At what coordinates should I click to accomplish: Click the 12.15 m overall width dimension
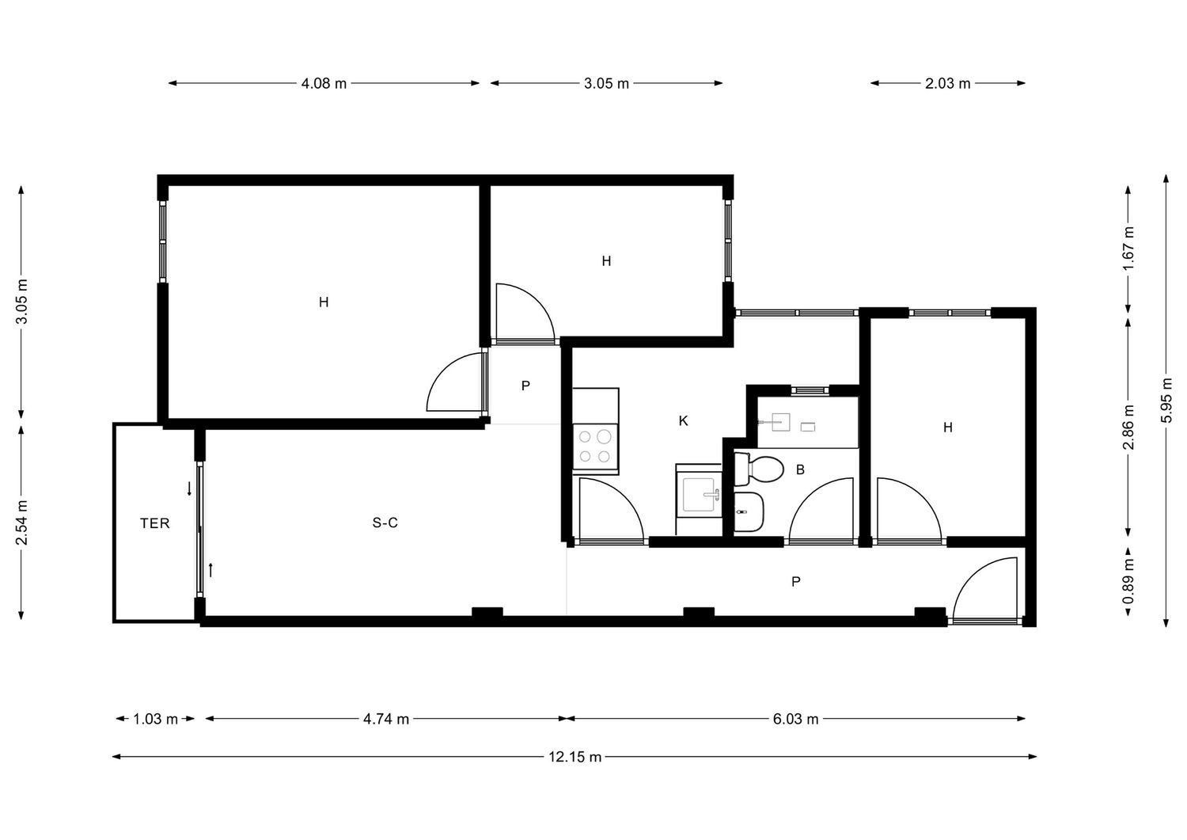point(575,757)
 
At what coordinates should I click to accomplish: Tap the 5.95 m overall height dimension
point(1166,401)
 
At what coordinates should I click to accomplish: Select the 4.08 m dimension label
point(324,83)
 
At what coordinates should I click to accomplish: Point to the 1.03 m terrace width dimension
point(155,719)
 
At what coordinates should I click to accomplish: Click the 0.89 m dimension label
point(1128,582)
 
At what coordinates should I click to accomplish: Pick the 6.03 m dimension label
point(795,719)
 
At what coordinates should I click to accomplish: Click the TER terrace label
point(155,523)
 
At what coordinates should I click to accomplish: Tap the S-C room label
point(385,523)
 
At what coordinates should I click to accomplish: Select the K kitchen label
point(684,421)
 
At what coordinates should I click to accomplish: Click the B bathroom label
point(800,469)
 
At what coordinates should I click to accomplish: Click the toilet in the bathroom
point(759,469)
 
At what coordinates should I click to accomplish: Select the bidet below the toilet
point(749,511)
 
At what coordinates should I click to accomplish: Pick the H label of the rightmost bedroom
point(948,427)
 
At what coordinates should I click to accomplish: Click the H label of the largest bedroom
point(324,302)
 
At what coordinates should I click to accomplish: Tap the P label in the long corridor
point(796,582)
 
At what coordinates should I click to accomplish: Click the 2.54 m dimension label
point(21,523)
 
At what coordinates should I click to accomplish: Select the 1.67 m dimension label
point(1128,248)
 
